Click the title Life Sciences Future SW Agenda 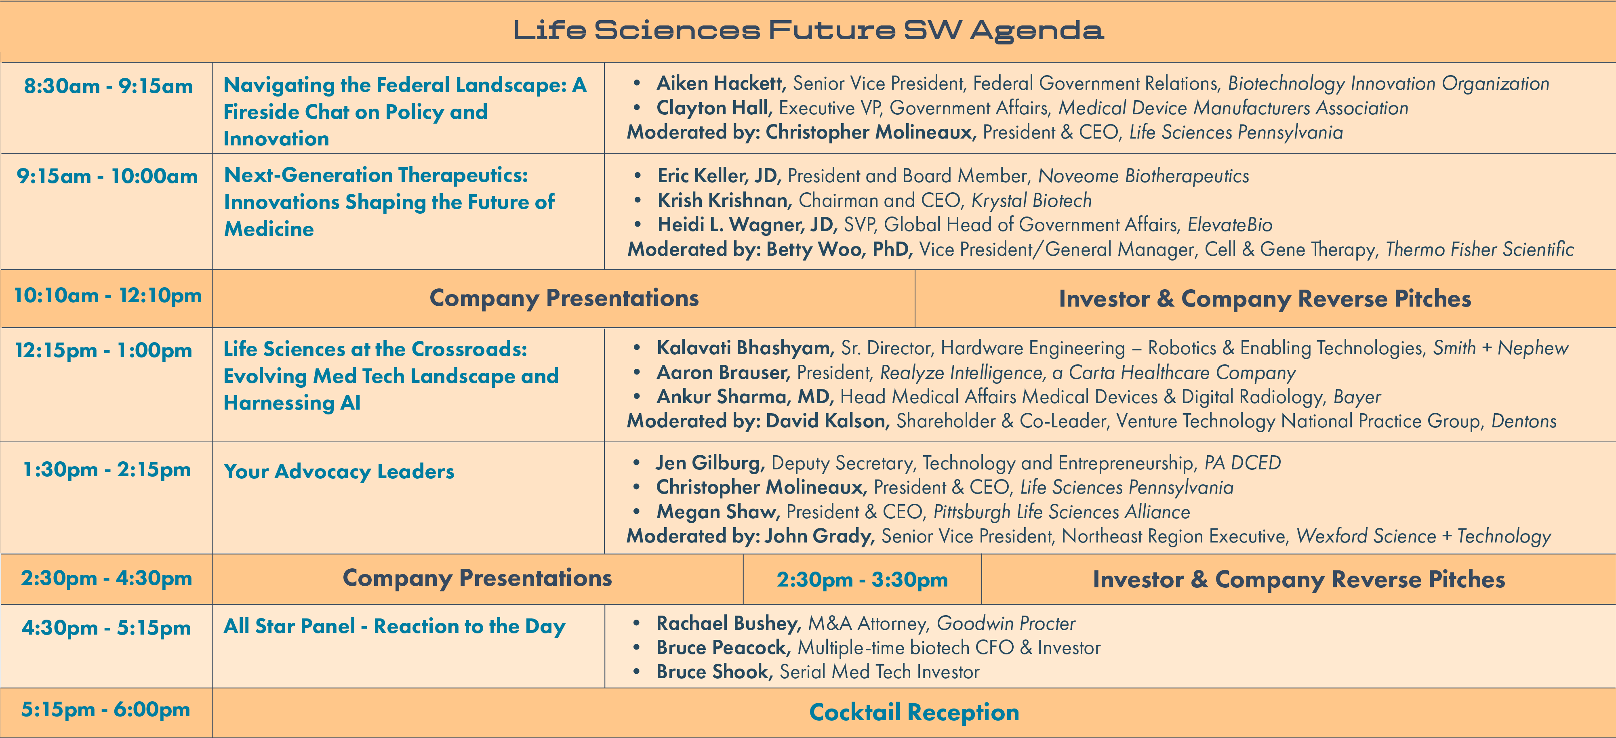808,30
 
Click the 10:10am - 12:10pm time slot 108,296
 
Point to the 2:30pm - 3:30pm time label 862,580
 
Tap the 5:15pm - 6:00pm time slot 105,710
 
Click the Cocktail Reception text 914,712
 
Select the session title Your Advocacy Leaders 339,471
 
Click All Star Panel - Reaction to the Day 395,627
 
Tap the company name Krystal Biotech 1031,201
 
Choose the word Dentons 1524,421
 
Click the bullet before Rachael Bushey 637,623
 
